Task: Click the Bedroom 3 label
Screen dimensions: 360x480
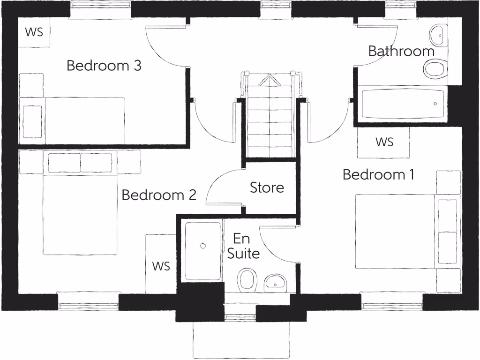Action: (104, 65)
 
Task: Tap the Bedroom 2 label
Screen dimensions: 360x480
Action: (158, 195)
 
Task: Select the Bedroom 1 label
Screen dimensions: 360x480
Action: (378, 175)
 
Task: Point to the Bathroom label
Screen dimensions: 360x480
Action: (401, 51)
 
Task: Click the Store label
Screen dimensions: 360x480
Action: (267, 187)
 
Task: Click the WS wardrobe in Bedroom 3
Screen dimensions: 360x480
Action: (34, 32)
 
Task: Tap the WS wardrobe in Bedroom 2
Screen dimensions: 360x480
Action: (160, 266)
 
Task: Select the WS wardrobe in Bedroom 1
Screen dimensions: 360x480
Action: (384, 142)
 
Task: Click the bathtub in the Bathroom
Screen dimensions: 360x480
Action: (402, 104)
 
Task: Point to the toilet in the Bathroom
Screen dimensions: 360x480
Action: (435, 71)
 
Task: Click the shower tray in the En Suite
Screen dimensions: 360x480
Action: (203, 251)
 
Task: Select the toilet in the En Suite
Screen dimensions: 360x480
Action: (247, 280)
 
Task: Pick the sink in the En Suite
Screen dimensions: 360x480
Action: (276, 283)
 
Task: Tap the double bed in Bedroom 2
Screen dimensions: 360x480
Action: (80, 204)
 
